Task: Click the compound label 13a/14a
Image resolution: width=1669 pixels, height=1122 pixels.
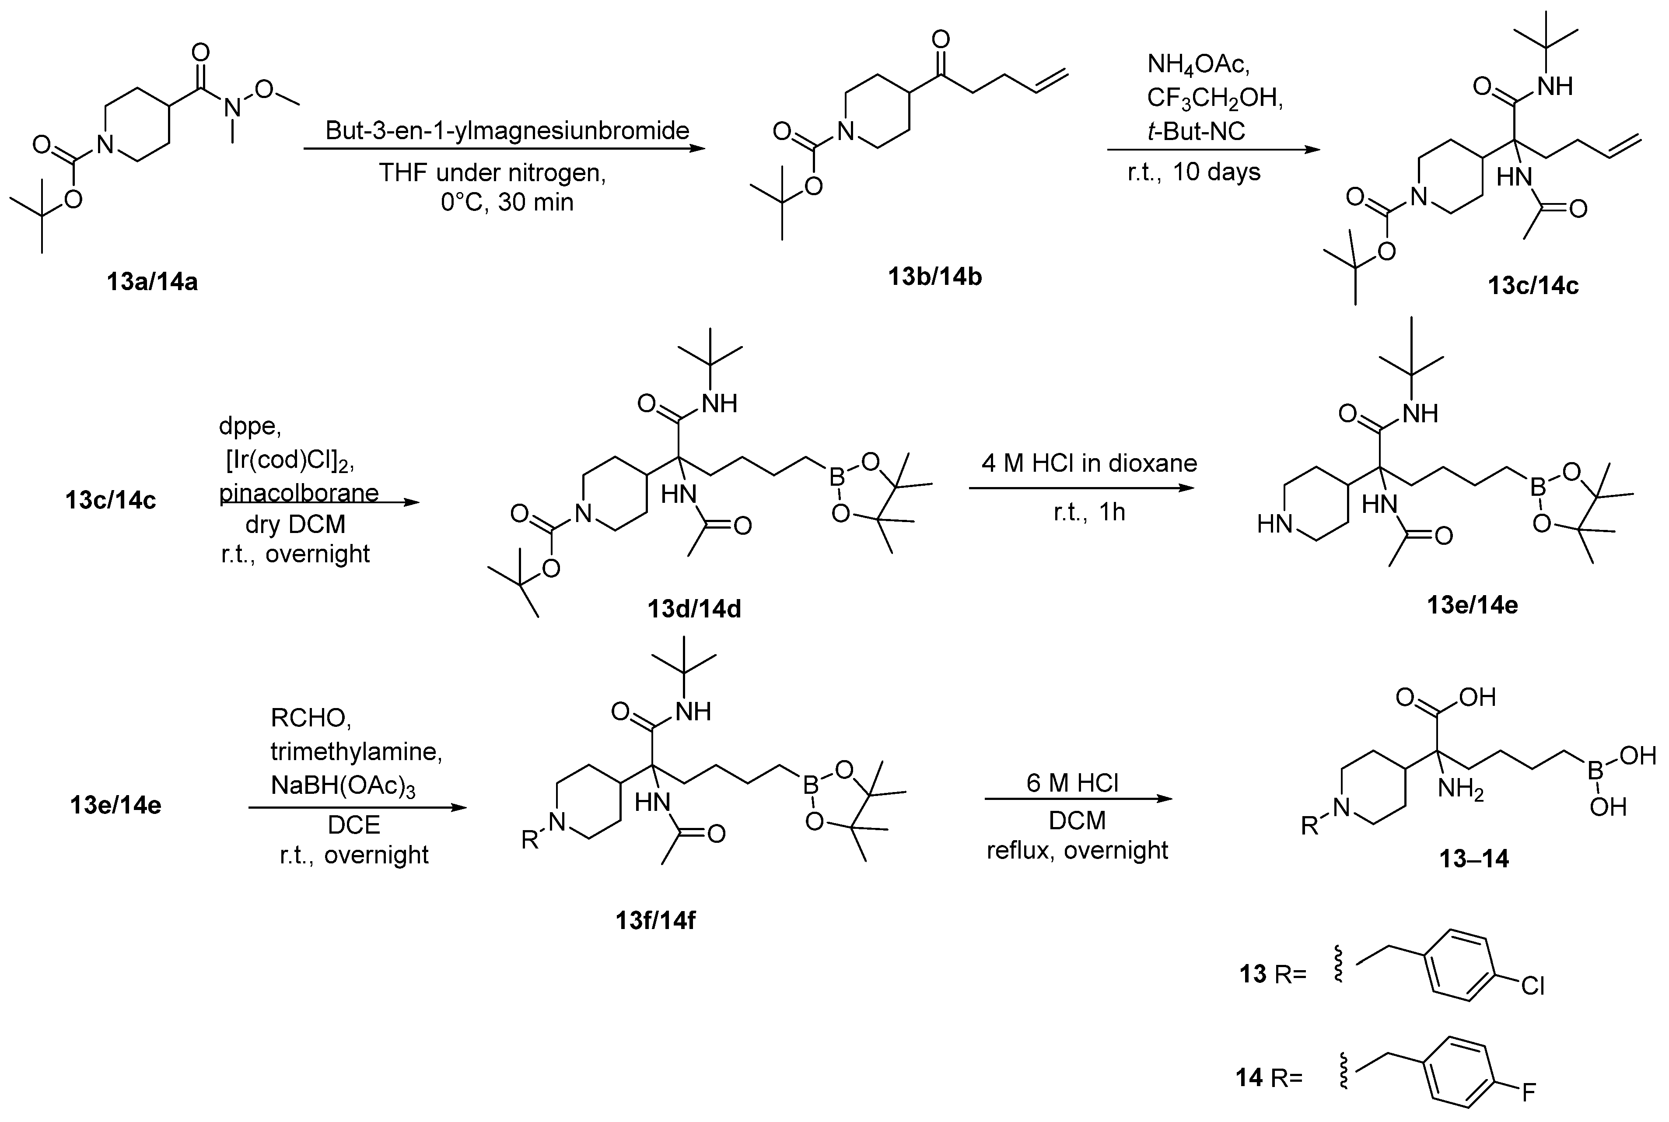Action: [x=152, y=282]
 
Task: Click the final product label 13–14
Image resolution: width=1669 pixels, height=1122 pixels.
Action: [x=1474, y=858]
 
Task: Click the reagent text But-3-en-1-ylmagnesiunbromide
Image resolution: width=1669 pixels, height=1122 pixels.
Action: [x=507, y=130]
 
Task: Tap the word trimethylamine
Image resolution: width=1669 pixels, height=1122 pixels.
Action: [x=356, y=751]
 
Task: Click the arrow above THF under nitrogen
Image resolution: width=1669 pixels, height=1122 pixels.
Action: [x=504, y=149]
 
